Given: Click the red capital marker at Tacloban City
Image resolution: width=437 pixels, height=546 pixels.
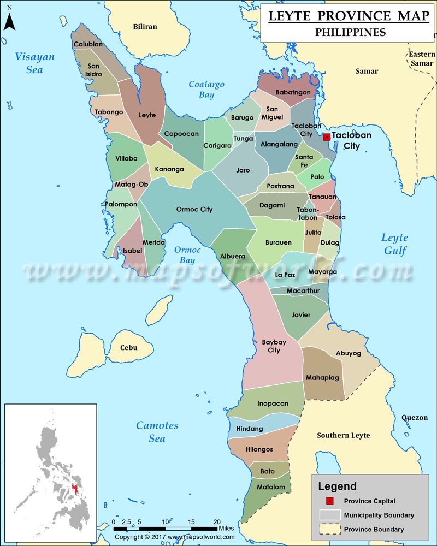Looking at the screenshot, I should tap(327, 137).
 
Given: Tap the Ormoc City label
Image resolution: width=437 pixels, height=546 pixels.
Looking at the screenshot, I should tap(194, 209).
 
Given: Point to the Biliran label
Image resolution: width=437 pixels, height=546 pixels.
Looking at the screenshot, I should tap(145, 26).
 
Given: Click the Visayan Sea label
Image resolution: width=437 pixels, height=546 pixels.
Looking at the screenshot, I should tap(35, 62).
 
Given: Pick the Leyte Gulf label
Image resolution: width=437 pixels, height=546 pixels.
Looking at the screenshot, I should tap(394, 244).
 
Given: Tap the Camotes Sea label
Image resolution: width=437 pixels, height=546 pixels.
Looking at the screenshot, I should tap(157, 432).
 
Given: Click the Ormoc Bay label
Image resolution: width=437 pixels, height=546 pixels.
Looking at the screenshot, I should tap(187, 255).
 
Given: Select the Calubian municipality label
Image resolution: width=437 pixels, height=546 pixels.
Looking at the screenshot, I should tap(88, 44).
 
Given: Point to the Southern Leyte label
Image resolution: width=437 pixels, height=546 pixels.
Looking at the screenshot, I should tap(344, 435).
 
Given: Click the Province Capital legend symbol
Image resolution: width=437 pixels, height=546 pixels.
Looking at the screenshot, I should tap(329, 501).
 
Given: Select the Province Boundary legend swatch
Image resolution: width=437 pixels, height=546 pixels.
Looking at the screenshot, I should tap(329, 529).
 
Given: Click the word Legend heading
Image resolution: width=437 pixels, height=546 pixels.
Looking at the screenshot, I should tap(338, 486).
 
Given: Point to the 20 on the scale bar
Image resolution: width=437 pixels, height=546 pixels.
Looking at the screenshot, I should tap(217, 521).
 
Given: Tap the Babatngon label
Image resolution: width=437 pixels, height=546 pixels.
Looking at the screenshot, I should tap(293, 92).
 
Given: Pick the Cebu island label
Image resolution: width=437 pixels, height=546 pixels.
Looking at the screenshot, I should tap(129, 348).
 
